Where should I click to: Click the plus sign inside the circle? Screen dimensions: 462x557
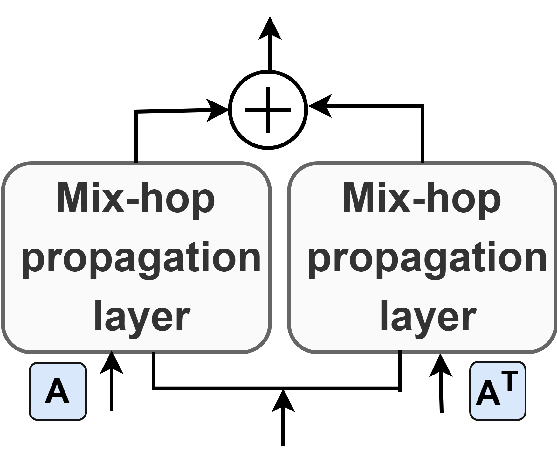point(268,110)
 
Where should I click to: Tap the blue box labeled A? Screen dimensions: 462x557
point(58,391)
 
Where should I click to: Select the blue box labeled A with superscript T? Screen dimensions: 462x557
point(498,391)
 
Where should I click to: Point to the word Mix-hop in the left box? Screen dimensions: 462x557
point(136,198)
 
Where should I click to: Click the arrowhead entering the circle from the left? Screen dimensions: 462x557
point(218,110)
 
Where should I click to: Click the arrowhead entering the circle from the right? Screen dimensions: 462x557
point(320,106)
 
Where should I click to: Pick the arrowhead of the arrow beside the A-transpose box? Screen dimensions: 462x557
point(440,366)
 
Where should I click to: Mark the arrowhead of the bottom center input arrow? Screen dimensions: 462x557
point(283,402)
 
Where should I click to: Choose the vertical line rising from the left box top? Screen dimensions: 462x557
point(136,137)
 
